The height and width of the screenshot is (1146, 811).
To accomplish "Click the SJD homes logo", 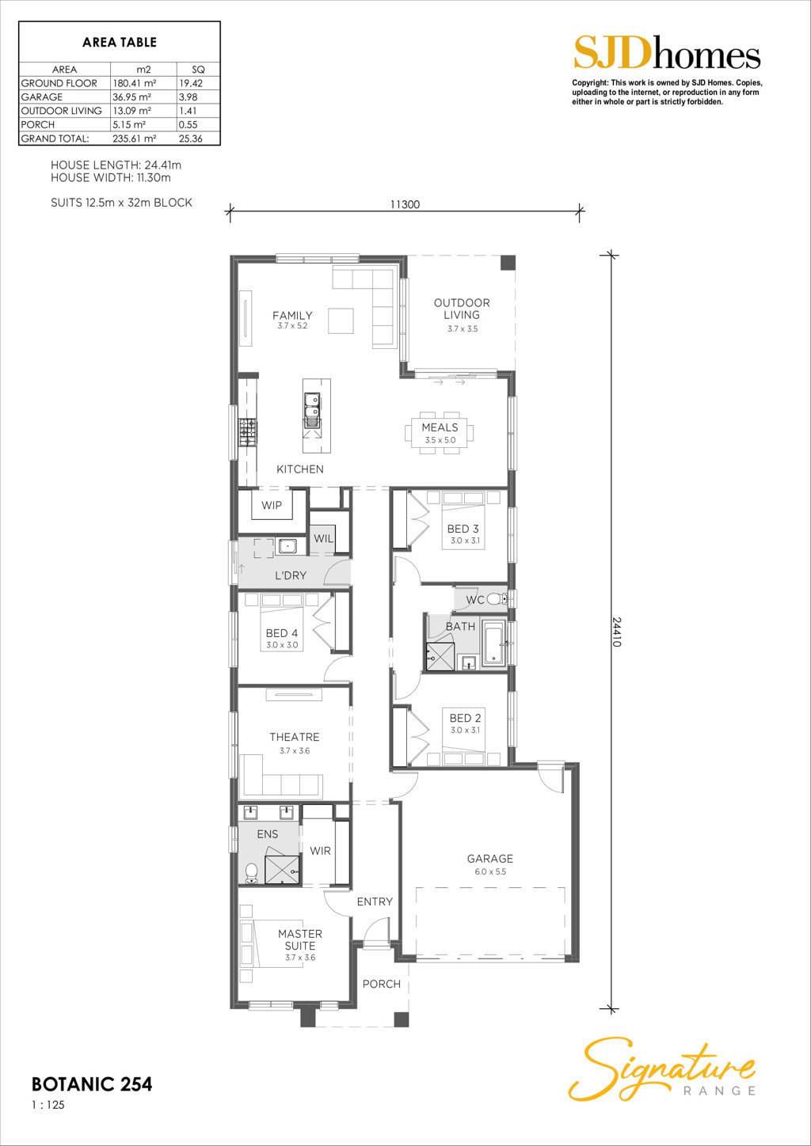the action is pos(667,51).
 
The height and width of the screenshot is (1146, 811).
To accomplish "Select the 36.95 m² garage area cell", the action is pos(131,97).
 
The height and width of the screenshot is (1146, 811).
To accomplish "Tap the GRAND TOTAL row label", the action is pos(55,139).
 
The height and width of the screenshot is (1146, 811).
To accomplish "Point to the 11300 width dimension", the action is pos(405,204).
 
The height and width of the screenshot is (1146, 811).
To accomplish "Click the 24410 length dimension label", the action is pos(616,632).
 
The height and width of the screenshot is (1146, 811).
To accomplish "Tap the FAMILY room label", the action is pos(291,315).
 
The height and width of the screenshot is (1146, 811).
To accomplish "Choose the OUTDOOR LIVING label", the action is pos(462,309).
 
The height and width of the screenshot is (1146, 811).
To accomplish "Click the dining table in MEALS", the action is pos(440,433).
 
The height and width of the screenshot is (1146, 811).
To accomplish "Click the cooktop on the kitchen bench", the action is pos(247,432).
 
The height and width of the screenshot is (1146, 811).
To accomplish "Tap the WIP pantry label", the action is pos(272,505).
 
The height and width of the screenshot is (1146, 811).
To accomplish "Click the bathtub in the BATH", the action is pos(494,643).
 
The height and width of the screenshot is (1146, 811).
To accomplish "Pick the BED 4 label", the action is pos(282,633).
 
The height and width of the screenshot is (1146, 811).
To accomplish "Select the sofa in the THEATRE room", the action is pos(280,780).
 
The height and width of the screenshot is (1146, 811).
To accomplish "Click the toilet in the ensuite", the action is pos(251,873).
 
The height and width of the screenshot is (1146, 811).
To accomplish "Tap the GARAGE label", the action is pos(490,859).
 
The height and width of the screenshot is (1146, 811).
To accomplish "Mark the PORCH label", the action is pos(382,984).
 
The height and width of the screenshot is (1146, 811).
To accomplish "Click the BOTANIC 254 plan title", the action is pos(92,1084).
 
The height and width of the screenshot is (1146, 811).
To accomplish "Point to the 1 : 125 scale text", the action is pos(48,1105).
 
